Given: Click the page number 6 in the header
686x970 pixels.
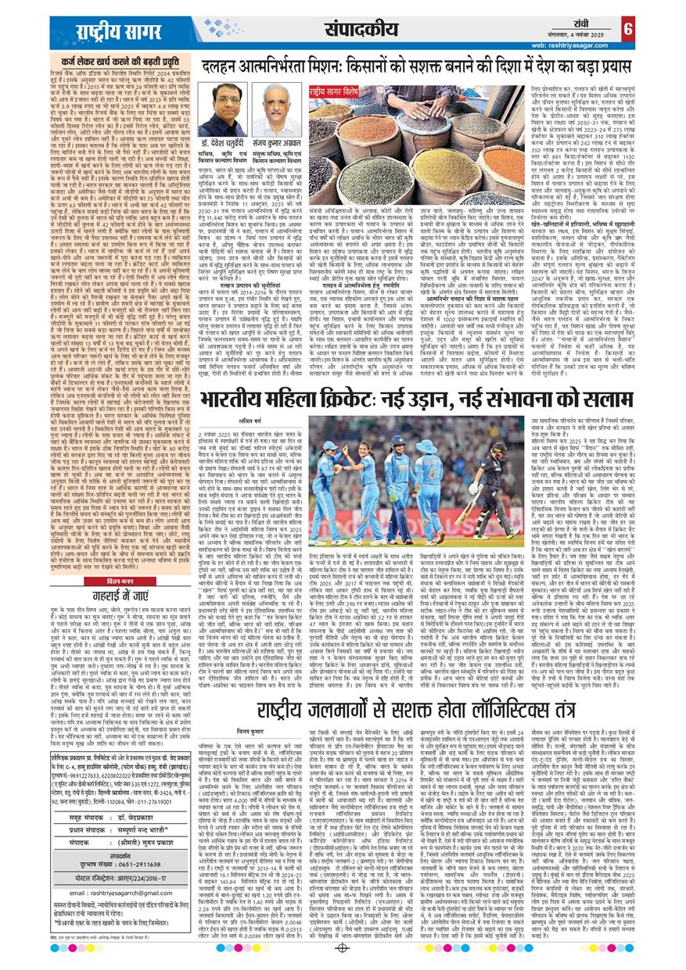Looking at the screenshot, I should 672,29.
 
